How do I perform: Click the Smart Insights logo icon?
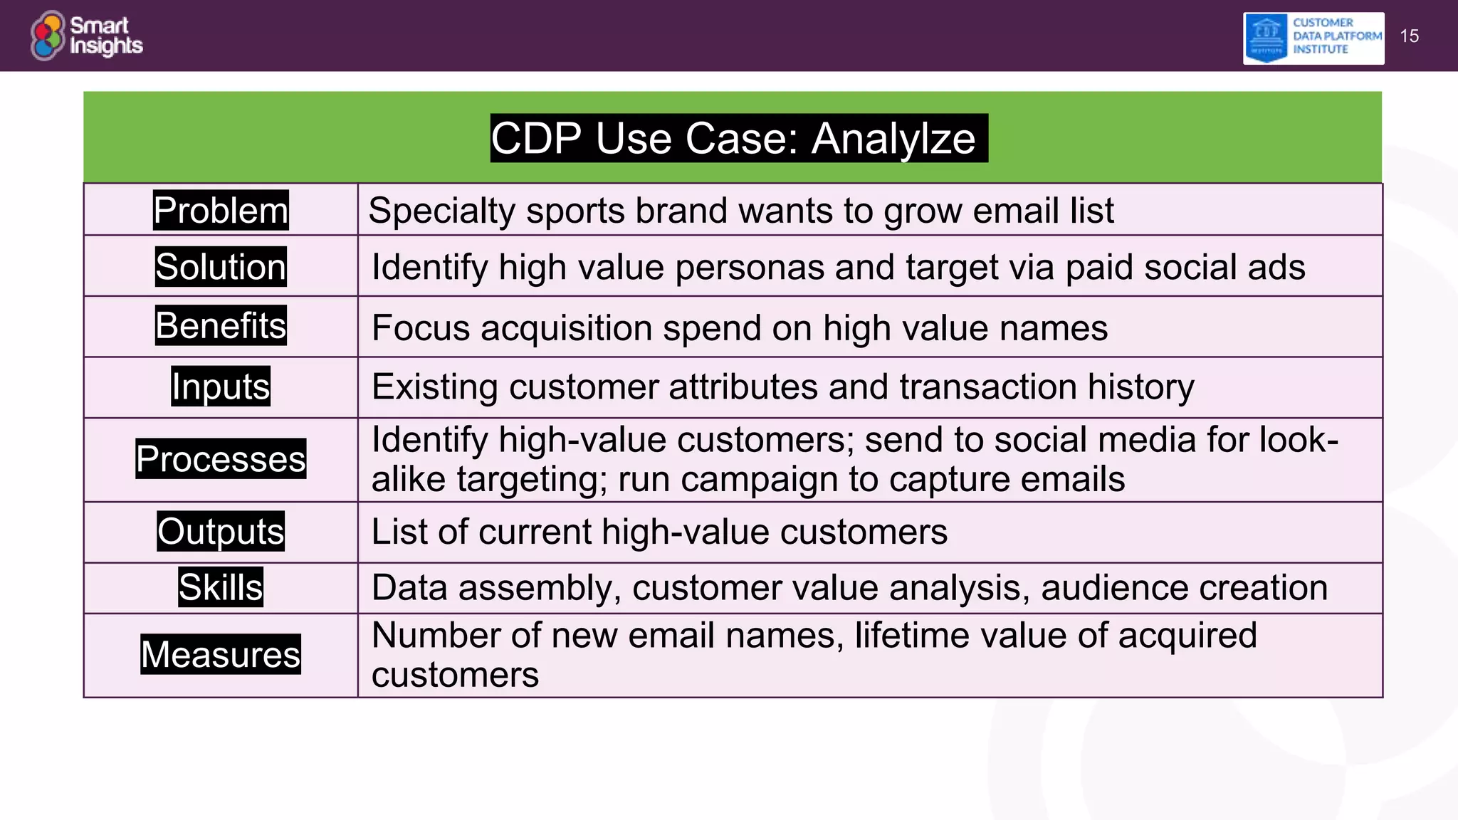point(48,36)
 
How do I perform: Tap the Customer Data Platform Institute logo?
point(1313,38)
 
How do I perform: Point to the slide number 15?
point(1409,36)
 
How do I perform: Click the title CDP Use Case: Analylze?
point(738,138)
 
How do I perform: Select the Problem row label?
point(221,211)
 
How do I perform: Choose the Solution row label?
point(221,267)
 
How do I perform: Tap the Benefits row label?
point(221,326)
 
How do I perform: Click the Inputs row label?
point(221,387)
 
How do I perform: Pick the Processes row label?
point(221,459)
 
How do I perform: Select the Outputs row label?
point(221,532)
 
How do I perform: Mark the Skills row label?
point(221,587)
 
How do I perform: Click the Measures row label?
point(221,654)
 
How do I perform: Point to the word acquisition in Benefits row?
point(566,329)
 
